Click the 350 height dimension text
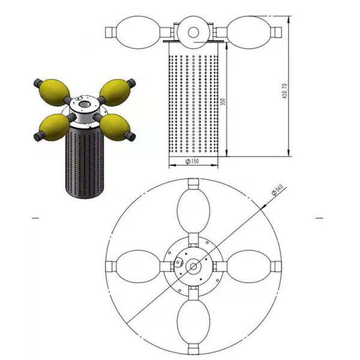223,101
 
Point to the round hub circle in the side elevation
193,32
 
